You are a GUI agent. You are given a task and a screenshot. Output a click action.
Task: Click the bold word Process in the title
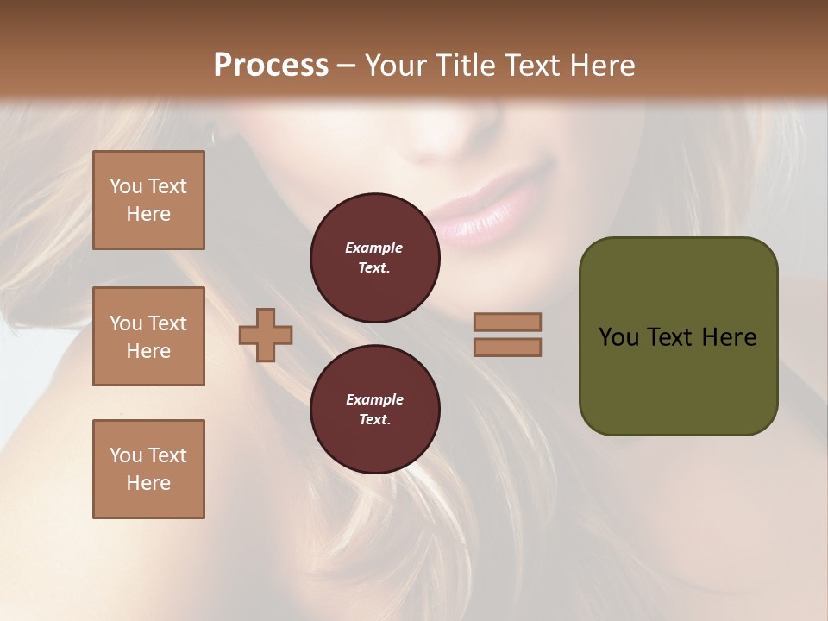(x=271, y=66)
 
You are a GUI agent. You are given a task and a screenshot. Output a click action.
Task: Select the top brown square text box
(x=148, y=200)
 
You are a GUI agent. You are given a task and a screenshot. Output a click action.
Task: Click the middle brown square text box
(x=148, y=336)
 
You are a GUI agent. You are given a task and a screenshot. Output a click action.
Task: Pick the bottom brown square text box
(x=148, y=469)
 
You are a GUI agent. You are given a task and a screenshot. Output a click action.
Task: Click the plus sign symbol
(x=266, y=335)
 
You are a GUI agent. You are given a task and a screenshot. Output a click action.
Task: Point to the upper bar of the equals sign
(x=507, y=323)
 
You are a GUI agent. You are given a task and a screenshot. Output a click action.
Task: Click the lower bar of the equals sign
(x=507, y=347)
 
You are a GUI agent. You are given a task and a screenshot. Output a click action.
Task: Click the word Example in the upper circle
(x=374, y=248)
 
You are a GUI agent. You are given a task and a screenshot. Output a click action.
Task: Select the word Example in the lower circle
(x=374, y=399)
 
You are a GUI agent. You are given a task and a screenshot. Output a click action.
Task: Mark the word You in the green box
(x=618, y=337)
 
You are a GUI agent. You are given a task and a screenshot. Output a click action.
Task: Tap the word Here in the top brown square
(x=148, y=214)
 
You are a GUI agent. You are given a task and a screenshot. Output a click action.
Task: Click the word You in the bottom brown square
(x=127, y=455)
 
